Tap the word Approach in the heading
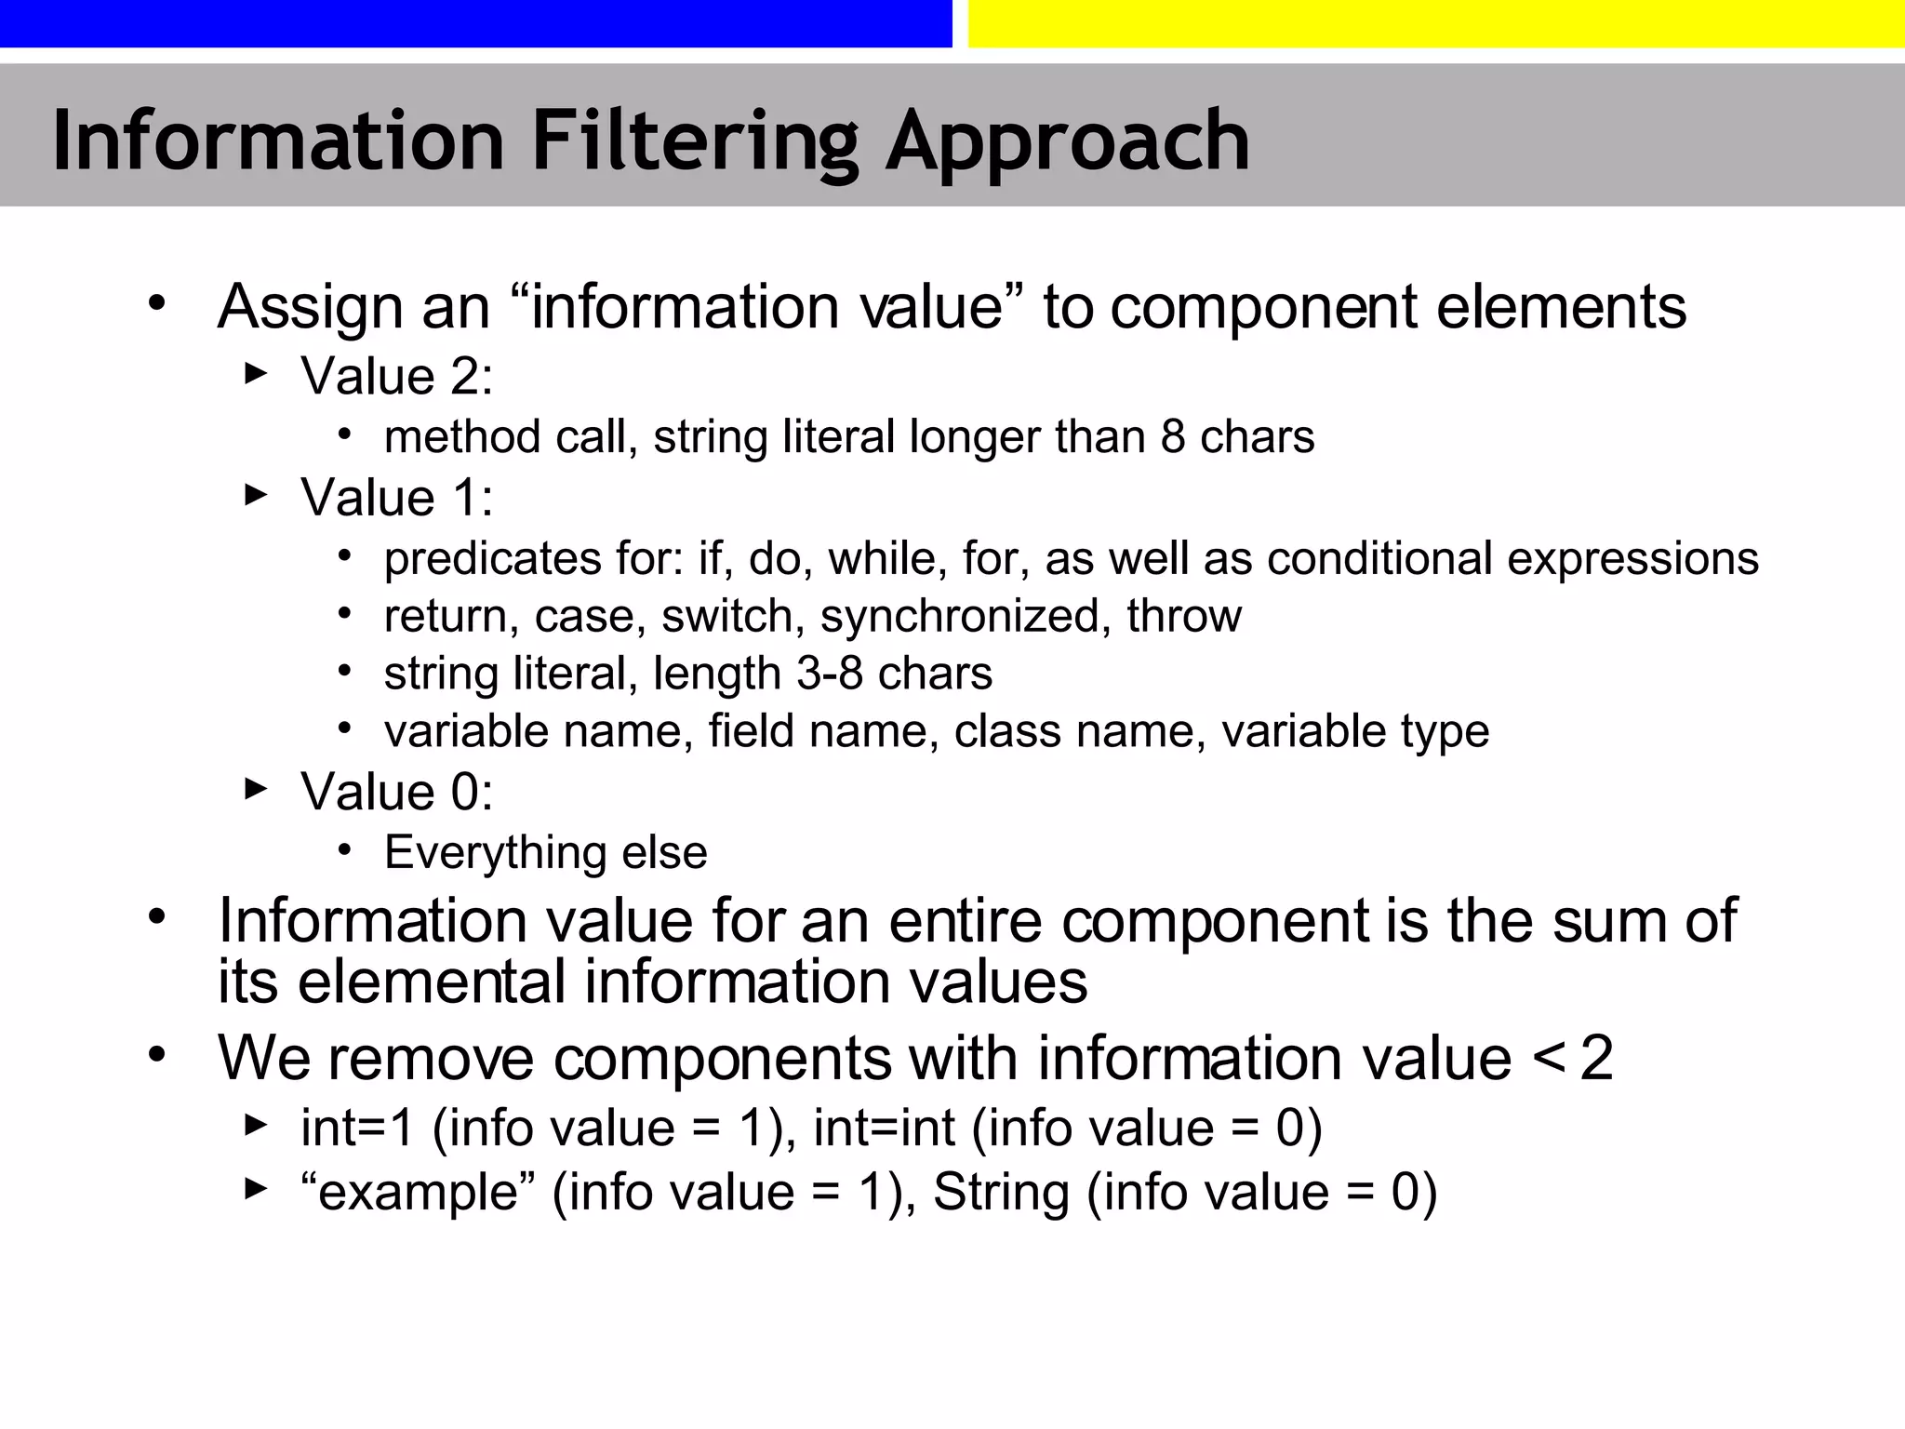[x=1067, y=141]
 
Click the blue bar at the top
[x=475, y=23]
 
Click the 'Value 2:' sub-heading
[x=396, y=377]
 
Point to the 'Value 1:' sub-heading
[x=396, y=498]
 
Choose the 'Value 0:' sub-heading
[x=396, y=793]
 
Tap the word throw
[x=1183, y=617]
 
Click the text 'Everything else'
[x=545, y=853]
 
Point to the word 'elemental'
[x=432, y=982]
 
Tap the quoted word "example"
[x=419, y=1193]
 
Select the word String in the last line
[x=1001, y=1193]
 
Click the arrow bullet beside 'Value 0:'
[x=255, y=790]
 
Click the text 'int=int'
[x=884, y=1129]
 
